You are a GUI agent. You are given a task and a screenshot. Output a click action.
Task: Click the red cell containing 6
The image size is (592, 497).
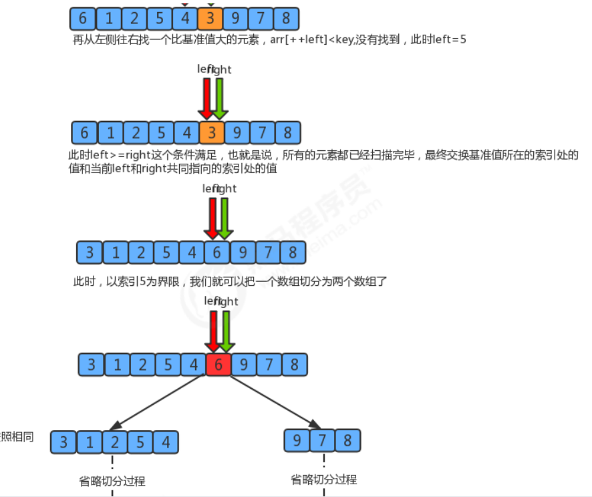(218, 365)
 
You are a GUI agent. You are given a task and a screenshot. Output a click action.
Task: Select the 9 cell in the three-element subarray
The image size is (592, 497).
(297, 440)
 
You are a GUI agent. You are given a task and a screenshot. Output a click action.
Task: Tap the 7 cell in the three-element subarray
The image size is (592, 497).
(322, 440)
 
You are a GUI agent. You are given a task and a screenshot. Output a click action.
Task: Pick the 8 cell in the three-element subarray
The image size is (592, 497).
(347, 440)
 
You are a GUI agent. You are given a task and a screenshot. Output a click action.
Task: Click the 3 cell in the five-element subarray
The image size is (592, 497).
(63, 442)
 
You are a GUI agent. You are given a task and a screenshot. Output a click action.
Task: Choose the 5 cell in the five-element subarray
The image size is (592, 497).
(140, 442)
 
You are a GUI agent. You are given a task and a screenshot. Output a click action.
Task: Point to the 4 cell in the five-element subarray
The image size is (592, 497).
(166, 442)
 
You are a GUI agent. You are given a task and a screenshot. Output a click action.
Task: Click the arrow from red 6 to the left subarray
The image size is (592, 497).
(158, 401)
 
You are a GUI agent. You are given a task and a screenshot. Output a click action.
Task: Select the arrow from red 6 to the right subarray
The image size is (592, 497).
(274, 401)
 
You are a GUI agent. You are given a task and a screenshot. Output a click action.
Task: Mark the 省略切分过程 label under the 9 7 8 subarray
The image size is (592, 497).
(324, 480)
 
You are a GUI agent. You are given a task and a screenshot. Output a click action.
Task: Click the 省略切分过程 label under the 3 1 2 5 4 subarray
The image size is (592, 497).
(112, 481)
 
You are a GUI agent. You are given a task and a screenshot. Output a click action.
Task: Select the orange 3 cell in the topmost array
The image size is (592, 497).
(210, 17)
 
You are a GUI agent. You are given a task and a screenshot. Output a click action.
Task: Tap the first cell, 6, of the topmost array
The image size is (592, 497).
(82, 17)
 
